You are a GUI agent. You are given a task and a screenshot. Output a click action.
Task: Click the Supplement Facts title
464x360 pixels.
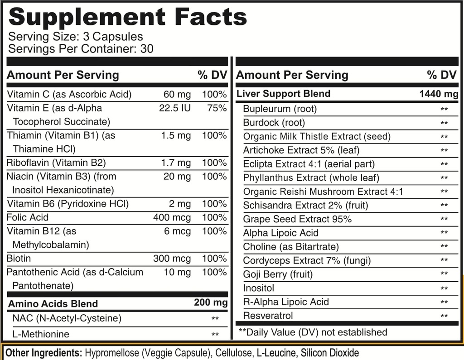pyautogui.click(x=128, y=17)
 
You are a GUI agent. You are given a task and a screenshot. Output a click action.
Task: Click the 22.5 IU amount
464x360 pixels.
pyautogui.click(x=175, y=108)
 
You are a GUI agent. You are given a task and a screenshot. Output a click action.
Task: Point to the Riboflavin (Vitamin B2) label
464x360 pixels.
pyautogui.click(x=56, y=163)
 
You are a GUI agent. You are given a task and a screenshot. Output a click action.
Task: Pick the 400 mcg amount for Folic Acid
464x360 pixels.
pyautogui.click(x=172, y=218)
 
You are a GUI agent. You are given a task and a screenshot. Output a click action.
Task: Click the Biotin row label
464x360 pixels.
pyautogui.click(x=19, y=259)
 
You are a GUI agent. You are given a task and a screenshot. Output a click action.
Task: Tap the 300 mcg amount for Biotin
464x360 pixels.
pyautogui.click(x=172, y=259)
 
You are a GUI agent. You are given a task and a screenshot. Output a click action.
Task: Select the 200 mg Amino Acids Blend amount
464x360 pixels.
pyautogui.click(x=211, y=302)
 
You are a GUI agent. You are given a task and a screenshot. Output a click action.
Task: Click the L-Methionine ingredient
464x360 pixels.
pyautogui.click(x=41, y=334)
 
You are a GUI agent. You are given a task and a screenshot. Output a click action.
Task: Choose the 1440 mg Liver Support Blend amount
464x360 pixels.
pyautogui.click(x=439, y=94)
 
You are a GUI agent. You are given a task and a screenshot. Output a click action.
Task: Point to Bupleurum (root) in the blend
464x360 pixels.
pyautogui.click(x=280, y=109)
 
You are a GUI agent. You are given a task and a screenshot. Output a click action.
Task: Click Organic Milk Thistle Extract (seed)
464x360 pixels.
pyautogui.click(x=317, y=136)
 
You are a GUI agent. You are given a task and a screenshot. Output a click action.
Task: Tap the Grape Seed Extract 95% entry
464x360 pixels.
pyautogui.click(x=297, y=219)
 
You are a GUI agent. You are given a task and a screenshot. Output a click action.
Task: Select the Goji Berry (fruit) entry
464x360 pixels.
pyautogui.click(x=278, y=274)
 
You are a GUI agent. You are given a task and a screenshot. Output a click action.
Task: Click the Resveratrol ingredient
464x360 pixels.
pyautogui.click(x=268, y=316)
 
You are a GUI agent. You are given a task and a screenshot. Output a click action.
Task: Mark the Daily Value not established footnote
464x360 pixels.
pyautogui.click(x=313, y=332)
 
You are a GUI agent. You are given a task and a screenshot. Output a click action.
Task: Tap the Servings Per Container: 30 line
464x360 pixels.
pyautogui.click(x=81, y=48)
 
